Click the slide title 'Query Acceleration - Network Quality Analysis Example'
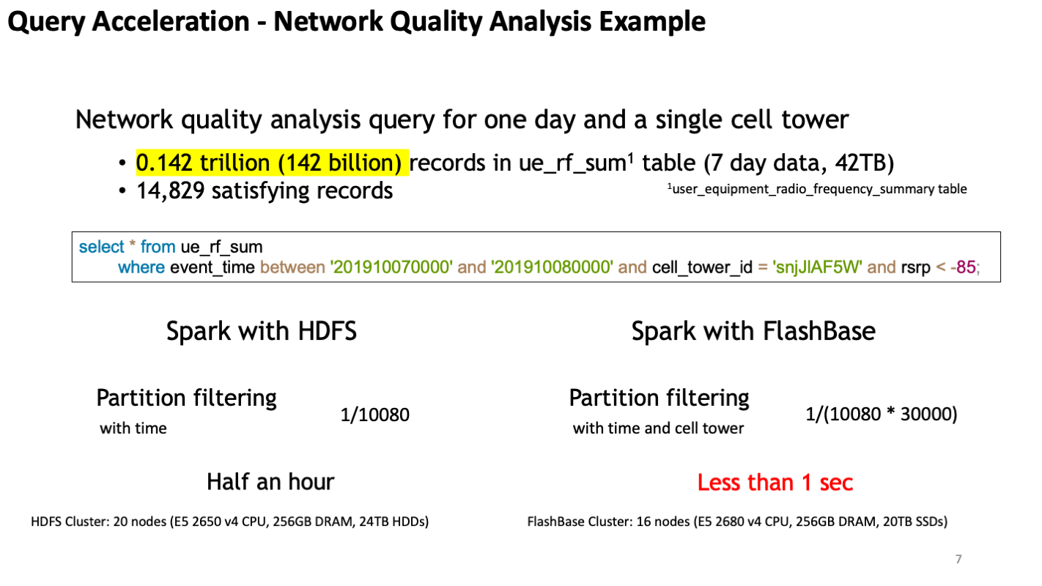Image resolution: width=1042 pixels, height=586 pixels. point(357,22)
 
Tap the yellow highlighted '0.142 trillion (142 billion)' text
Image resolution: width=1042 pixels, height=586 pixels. point(272,163)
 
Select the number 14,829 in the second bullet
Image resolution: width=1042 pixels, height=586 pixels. point(170,190)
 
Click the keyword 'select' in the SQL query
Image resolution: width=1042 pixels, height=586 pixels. point(101,247)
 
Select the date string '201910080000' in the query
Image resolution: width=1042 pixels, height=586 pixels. point(552,267)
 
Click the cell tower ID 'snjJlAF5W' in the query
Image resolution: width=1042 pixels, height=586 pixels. point(817,267)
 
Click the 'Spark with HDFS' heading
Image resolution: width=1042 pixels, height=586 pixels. point(262,331)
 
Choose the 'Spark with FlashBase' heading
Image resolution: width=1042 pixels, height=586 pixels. point(753,331)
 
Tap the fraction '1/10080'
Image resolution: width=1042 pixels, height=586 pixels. point(375,415)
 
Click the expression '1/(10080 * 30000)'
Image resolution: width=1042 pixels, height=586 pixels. point(882,414)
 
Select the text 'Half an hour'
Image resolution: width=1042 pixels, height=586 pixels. point(270,482)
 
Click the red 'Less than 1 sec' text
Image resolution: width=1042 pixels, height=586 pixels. point(775,482)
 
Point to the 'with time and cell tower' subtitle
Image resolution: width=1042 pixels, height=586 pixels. point(658,428)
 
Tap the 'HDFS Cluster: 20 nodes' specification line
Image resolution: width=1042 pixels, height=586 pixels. point(230,522)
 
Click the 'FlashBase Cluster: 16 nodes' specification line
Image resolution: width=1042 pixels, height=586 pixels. point(737,522)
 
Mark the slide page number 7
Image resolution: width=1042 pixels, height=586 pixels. point(958,559)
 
